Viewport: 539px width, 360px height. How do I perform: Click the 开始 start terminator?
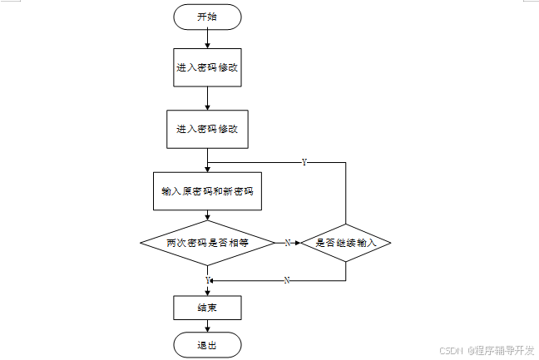[207, 17]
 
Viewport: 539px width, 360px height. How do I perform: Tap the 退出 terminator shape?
[207, 345]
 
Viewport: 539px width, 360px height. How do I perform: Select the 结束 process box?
[207, 308]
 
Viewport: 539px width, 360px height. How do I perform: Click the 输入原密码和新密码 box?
[207, 192]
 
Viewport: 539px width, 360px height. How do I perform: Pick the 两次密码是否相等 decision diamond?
[207, 243]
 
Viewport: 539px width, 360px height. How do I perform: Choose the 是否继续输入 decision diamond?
[346, 243]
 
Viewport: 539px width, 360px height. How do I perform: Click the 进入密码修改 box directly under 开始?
[207, 68]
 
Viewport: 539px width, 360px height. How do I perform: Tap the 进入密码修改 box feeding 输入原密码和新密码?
[207, 130]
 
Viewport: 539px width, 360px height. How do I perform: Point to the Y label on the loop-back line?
[304, 162]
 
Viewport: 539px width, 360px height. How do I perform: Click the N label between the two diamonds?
[287, 243]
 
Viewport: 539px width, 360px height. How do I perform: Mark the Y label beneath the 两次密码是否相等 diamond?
[207, 280]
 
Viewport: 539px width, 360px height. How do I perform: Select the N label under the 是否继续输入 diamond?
[287, 280]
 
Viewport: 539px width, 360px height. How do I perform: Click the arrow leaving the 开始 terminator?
[207, 38]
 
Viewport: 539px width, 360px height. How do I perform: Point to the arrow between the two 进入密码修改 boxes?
[207, 100]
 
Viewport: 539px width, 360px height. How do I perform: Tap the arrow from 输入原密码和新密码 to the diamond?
[207, 215]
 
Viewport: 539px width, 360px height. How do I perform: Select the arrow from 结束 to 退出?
[207, 327]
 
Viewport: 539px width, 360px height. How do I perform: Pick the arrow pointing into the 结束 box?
[207, 290]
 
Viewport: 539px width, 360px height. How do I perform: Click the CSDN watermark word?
[450, 351]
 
